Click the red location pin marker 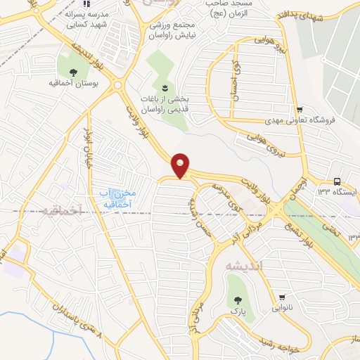pyautogui.click(x=181, y=165)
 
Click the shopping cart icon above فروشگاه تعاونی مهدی pyautogui.click(x=300, y=109)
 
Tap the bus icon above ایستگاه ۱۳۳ pyautogui.click(x=337, y=180)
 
